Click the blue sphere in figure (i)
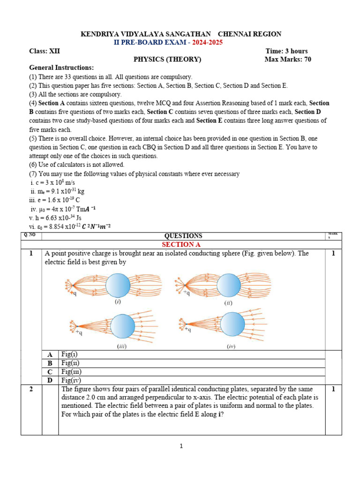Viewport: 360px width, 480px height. point(118,286)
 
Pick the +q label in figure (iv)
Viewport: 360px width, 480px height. point(187,330)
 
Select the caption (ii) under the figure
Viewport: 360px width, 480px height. point(228,303)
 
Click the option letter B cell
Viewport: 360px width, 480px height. point(50,363)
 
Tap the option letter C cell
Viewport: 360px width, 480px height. point(50,372)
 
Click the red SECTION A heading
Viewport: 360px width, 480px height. point(178,244)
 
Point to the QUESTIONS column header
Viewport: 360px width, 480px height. point(183,236)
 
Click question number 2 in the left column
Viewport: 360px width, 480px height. point(31,390)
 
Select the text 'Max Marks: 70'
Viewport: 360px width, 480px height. point(288,59)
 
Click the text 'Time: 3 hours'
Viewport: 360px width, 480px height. point(286,51)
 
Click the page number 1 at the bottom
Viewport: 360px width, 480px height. point(181,446)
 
